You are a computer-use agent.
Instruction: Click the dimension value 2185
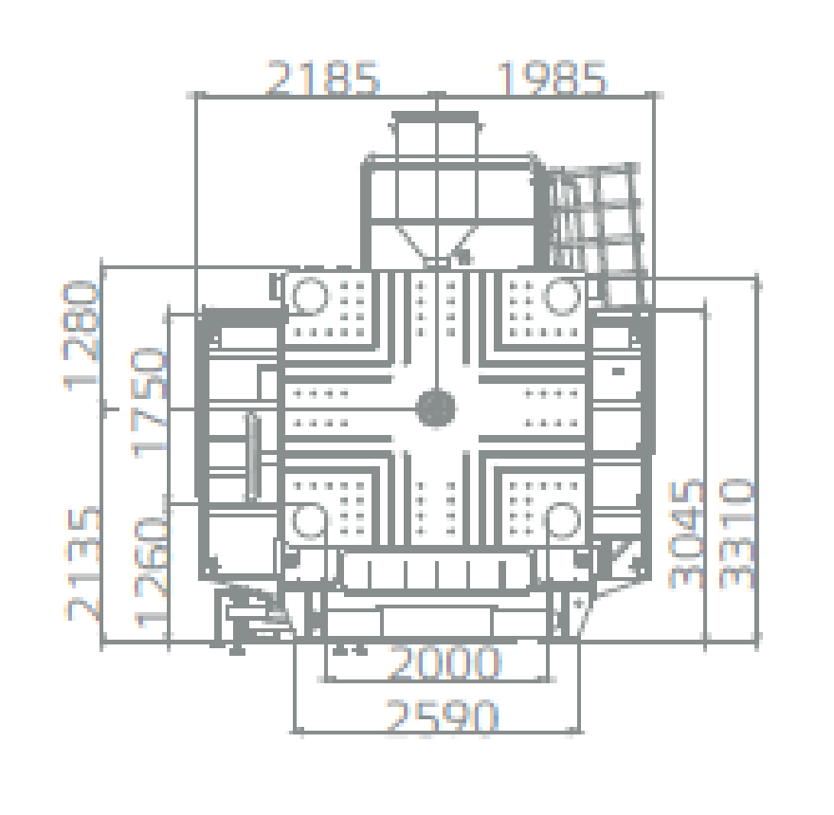[x=322, y=78]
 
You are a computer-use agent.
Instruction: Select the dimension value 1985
[x=551, y=78]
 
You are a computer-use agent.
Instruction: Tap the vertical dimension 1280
[x=82, y=336]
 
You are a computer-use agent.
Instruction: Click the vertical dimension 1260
[x=151, y=571]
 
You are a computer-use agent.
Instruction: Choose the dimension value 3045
[x=687, y=534]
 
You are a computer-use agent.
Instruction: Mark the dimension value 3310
[x=736, y=534]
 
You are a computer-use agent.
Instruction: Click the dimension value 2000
[x=444, y=662]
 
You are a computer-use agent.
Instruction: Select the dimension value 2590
[x=442, y=716]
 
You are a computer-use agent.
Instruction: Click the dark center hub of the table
[x=436, y=408]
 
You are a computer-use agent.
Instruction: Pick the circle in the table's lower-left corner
[x=310, y=521]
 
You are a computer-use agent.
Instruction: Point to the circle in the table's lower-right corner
[x=563, y=521]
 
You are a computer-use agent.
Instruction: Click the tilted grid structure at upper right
[x=596, y=234]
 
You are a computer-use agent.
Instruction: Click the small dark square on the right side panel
[x=618, y=371]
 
